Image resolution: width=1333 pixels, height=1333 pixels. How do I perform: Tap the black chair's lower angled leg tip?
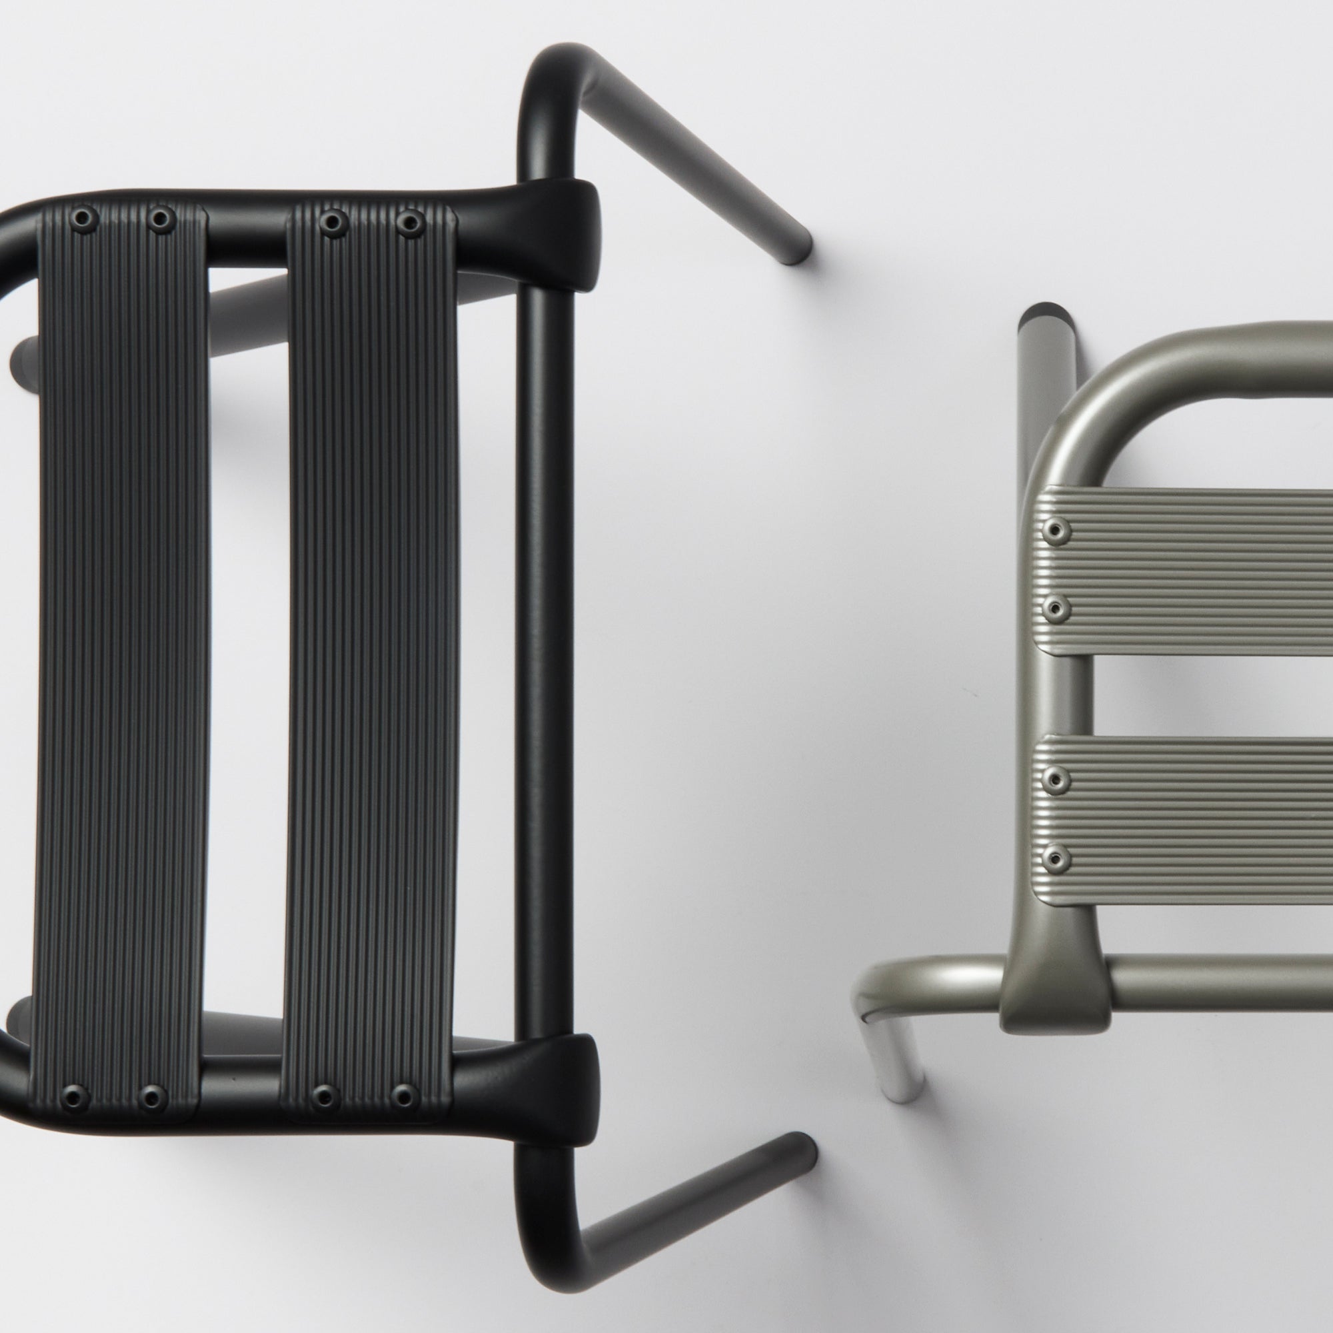[800, 1088]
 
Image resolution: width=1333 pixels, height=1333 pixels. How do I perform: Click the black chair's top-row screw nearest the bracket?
[411, 221]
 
